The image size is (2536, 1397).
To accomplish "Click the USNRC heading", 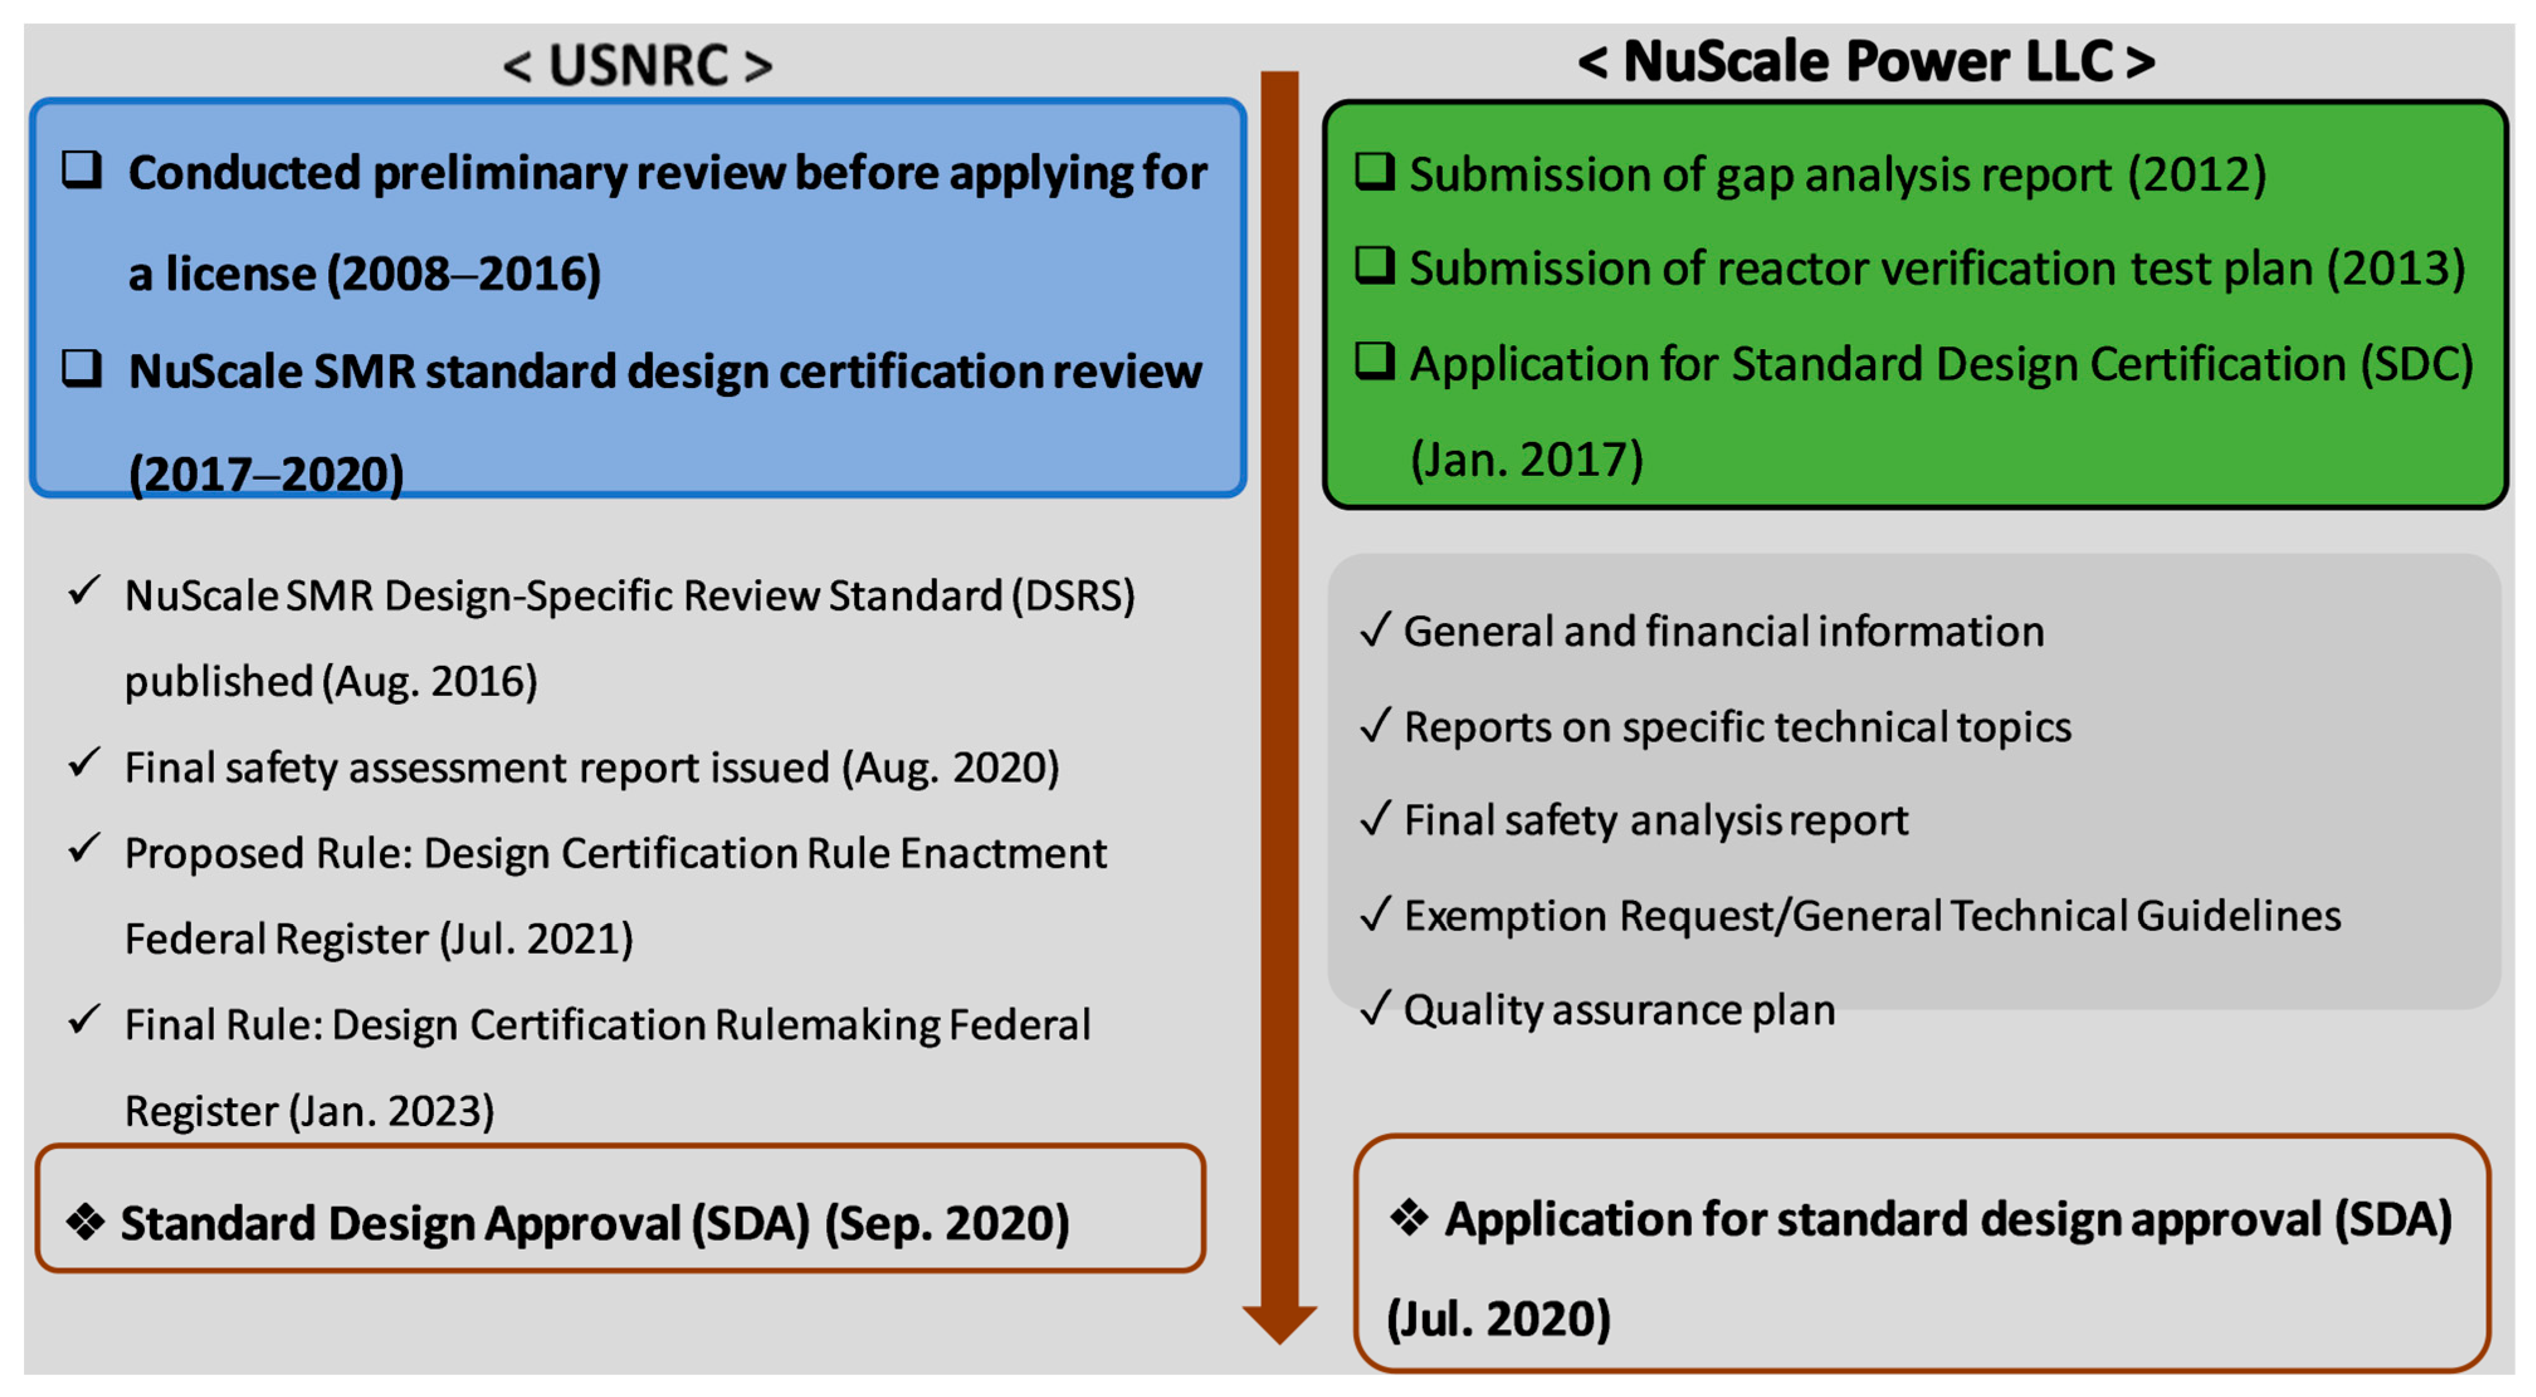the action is coord(638,65).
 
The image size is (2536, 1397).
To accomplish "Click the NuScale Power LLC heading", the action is coord(1866,61).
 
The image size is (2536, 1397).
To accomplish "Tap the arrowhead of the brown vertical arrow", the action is coord(1280,1324).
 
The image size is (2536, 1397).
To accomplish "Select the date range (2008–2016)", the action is coord(463,273).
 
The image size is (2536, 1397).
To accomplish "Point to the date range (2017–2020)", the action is coord(267,475).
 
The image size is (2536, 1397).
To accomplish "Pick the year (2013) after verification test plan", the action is coord(2396,268).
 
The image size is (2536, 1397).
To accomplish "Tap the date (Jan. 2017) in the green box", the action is coord(1527,460).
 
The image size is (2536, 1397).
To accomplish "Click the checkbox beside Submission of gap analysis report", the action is coord(1375,171).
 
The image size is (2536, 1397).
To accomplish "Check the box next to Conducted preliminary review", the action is coord(82,169).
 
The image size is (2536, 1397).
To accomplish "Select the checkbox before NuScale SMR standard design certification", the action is coord(82,368).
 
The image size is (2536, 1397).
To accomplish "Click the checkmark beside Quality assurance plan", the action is coord(1375,1007).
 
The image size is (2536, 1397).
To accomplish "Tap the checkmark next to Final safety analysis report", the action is coord(1375,817).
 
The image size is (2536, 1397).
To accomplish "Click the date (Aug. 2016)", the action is coord(430,682).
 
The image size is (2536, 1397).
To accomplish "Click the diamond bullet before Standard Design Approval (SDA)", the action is coord(86,1222).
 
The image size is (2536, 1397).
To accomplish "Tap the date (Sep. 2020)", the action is coord(947,1223).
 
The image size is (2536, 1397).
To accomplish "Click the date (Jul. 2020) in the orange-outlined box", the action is coord(1498,1319).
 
